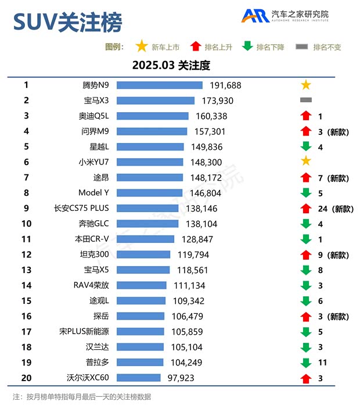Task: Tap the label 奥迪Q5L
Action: point(93,116)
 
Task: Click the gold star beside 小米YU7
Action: point(306,162)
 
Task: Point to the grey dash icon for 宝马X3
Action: point(306,101)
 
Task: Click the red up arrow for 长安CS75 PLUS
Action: point(306,208)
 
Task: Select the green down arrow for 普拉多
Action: point(306,363)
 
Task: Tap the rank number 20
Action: point(26,378)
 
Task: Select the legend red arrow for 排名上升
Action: point(195,46)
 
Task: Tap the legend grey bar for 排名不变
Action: point(302,46)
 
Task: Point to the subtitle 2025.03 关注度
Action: point(171,65)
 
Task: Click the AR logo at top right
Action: point(255,16)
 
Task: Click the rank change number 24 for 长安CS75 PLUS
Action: point(323,209)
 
